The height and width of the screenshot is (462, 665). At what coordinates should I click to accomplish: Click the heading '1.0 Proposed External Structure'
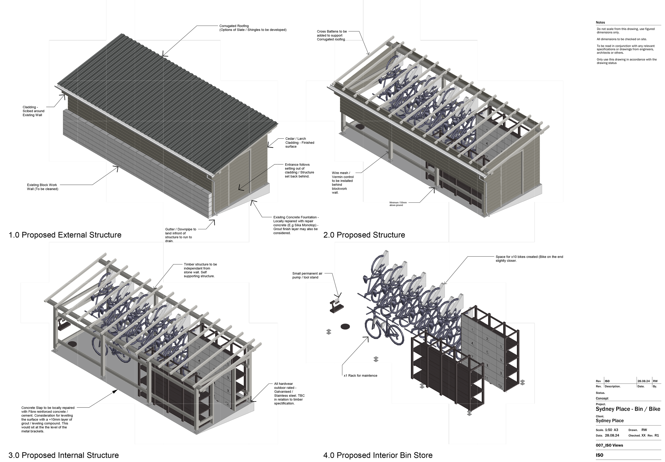(x=65, y=235)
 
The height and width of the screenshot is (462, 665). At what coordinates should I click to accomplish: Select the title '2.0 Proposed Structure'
(x=364, y=235)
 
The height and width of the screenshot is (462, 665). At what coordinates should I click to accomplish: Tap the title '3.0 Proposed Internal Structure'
(x=64, y=455)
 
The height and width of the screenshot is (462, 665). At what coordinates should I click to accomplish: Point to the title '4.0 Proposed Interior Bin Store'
(x=378, y=455)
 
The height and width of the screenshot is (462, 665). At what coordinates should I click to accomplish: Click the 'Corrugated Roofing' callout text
(x=253, y=28)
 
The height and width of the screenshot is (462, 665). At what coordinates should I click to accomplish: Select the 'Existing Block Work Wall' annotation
(x=43, y=187)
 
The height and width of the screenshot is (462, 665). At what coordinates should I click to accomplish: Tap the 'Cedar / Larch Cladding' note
(x=300, y=142)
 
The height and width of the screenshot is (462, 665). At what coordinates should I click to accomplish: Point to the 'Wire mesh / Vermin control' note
(x=343, y=183)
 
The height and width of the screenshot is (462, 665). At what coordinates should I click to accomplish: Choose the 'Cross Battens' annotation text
(x=332, y=35)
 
